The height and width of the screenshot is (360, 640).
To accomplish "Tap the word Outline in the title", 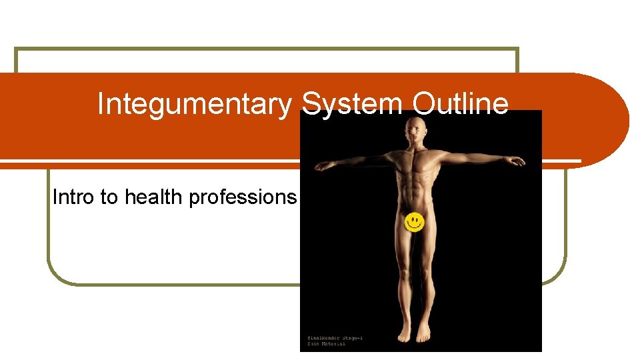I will coord(461,105).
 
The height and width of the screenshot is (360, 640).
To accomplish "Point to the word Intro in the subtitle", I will coord(73,197).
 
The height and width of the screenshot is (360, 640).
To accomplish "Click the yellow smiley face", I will coord(415,223).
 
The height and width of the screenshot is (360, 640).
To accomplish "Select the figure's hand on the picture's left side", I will coord(323,166).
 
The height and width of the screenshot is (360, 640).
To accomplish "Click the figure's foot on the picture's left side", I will coord(405,333).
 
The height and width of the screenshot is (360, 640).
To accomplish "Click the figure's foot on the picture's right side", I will coord(424,333).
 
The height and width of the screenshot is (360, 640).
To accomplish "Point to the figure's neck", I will coord(416,145).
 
